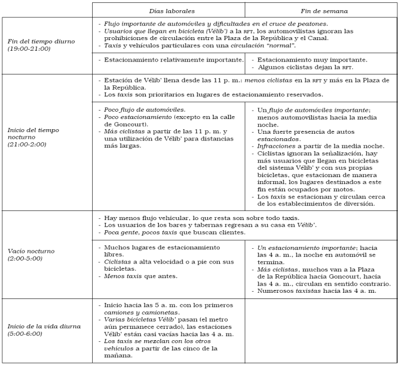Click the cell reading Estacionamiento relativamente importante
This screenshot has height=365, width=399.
pos(172,59)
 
